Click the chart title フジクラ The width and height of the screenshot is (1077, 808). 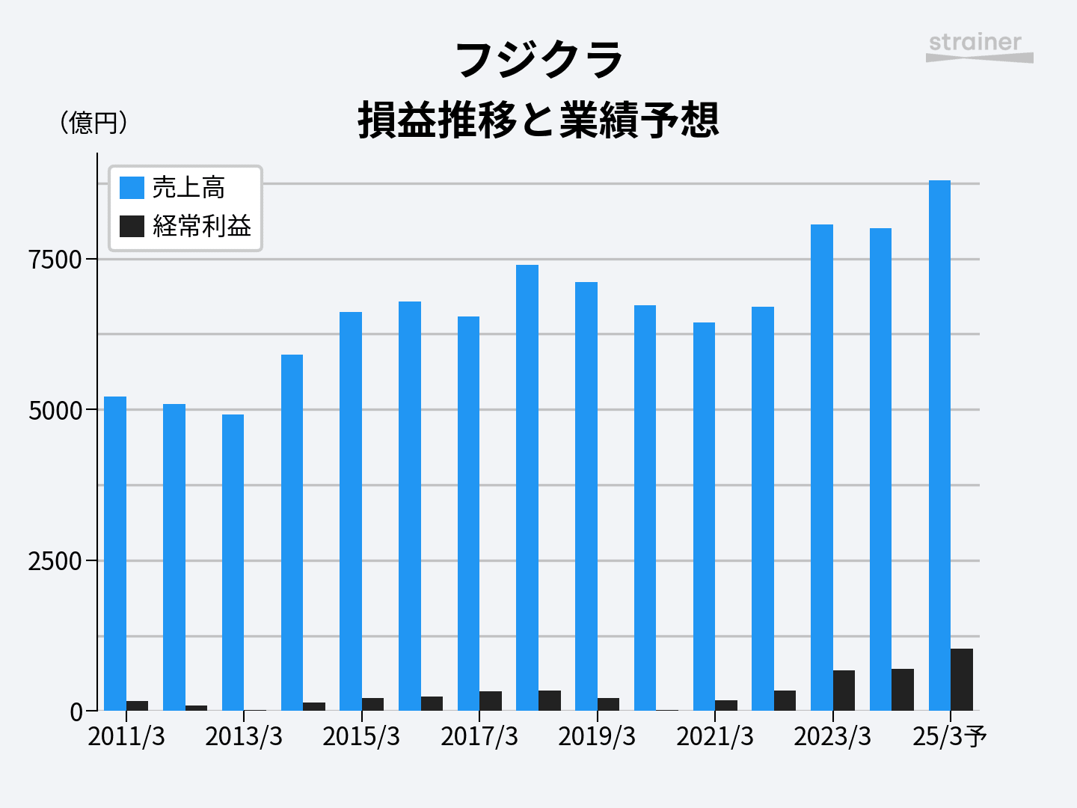[538, 60]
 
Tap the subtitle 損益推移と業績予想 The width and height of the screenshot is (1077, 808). [538, 120]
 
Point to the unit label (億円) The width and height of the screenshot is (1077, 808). [93, 122]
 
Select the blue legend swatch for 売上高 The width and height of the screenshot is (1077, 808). [132, 187]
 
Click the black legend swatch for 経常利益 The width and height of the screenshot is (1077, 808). [132, 225]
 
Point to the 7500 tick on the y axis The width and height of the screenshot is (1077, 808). [55, 260]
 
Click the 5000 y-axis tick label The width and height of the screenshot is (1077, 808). [55, 411]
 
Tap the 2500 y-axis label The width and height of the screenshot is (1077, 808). [55, 561]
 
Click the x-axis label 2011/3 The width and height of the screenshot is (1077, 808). [126, 736]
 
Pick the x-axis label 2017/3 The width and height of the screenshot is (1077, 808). [479, 736]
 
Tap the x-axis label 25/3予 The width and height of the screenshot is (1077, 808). [949, 736]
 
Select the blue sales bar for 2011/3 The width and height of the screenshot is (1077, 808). [115, 554]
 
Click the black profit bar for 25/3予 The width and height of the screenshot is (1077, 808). [962, 679]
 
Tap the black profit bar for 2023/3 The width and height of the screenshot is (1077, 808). [844, 690]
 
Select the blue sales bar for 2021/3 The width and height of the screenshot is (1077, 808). [704, 516]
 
